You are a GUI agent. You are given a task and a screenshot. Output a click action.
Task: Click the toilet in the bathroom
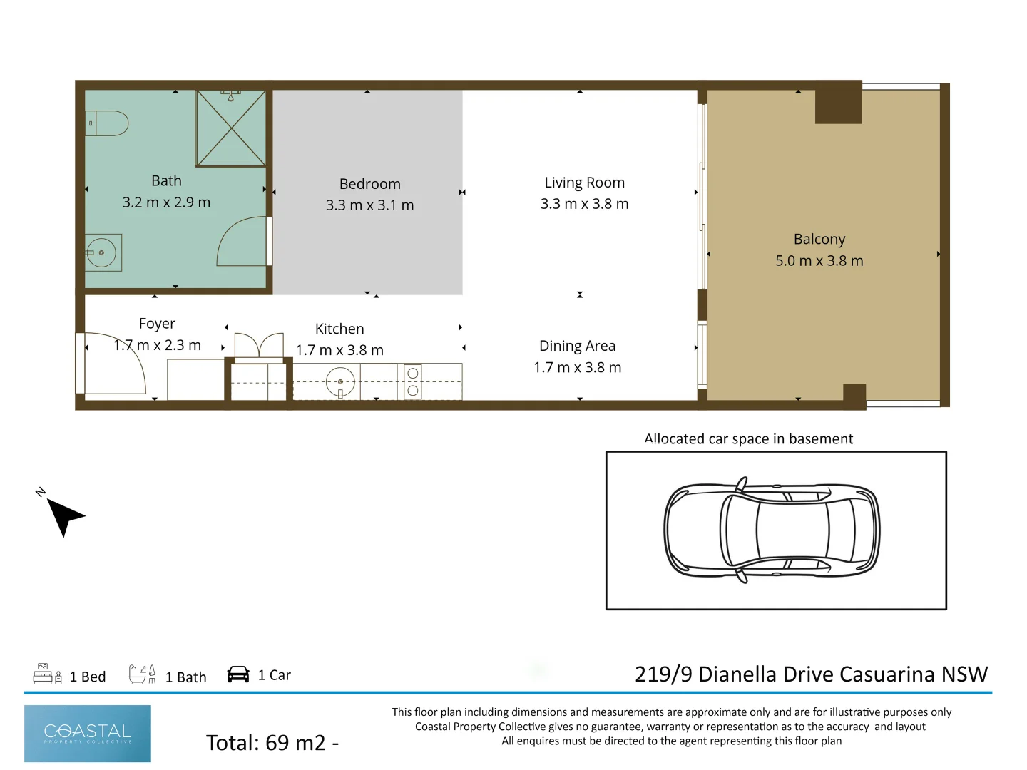click(108, 123)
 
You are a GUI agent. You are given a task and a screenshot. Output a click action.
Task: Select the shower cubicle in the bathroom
click(230, 128)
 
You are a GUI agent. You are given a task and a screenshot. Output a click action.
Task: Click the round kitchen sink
click(340, 382)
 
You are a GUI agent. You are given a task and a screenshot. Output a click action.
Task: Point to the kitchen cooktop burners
click(412, 382)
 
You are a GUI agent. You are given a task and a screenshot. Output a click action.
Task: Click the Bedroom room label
click(369, 184)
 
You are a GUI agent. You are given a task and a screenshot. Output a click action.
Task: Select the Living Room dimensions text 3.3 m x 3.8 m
click(584, 204)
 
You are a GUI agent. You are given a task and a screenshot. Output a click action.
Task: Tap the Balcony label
click(819, 240)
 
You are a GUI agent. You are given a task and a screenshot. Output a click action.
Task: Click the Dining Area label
click(577, 346)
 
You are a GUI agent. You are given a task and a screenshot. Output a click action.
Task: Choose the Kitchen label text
click(339, 329)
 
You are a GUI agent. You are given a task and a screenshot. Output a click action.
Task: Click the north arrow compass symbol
click(63, 515)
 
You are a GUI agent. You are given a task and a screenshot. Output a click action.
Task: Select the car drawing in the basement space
click(772, 530)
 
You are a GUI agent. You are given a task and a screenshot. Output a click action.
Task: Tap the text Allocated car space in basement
click(748, 439)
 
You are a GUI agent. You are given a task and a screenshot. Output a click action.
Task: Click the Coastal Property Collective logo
click(88, 734)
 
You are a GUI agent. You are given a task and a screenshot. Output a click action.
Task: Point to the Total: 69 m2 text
click(272, 743)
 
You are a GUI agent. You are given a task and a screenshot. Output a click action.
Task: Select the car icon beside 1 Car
click(238, 674)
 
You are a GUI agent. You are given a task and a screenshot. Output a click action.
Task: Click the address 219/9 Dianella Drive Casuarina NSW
click(811, 674)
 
